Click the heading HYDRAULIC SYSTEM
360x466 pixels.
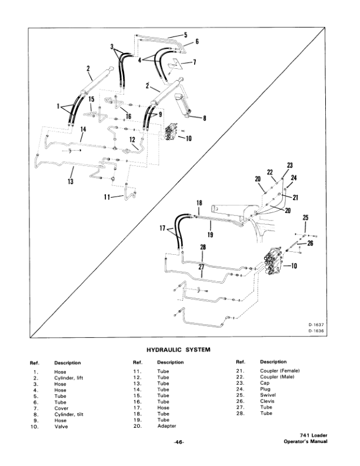(x=178, y=350)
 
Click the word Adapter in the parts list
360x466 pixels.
(x=167, y=426)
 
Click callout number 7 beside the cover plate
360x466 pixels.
(x=195, y=62)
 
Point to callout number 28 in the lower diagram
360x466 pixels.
(x=203, y=249)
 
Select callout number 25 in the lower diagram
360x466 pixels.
(x=305, y=218)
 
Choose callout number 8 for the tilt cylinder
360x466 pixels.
(x=204, y=118)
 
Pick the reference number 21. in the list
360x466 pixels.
(x=239, y=371)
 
